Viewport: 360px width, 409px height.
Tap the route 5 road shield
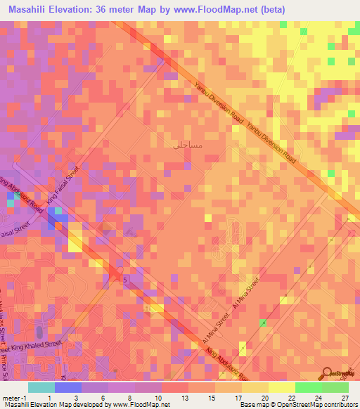[125, 280]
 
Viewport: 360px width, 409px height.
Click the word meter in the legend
[10, 397]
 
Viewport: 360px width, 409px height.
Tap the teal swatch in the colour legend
[41, 387]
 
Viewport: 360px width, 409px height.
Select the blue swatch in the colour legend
[68, 387]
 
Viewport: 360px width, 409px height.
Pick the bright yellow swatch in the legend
[282, 387]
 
